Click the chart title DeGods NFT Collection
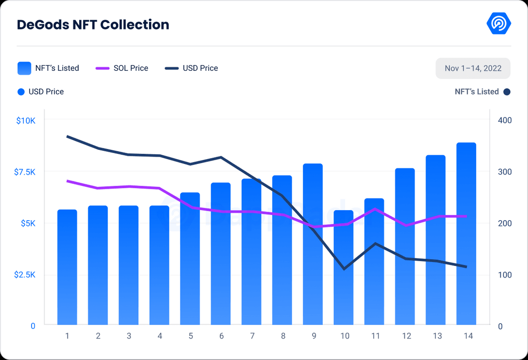(x=93, y=25)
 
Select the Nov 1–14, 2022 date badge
(x=473, y=68)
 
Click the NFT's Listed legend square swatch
(x=24, y=68)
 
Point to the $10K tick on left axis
(x=26, y=120)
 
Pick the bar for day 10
(x=344, y=267)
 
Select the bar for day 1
(x=67, y=267)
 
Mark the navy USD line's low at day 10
(x=344, y=269)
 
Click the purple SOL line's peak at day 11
(x=374, y=209)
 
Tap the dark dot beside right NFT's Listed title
(x=507, y=92)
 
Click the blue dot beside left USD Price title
(x=21, y=92)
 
